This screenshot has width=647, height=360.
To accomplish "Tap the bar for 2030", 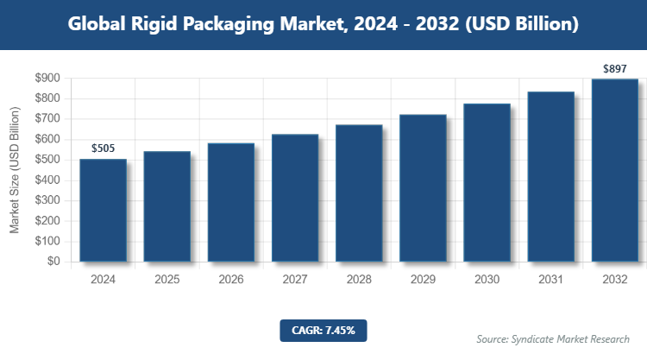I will [x=487, y=182].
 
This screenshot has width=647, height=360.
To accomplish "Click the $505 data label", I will [x=104, y=149].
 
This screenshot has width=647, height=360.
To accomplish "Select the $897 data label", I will [x=614, y=68].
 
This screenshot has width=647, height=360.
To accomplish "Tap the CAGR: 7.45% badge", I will [x=323, y=330].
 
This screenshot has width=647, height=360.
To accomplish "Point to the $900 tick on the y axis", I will [x=47, y=79].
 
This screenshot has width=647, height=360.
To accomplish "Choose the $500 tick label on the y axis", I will [x=47, y=160].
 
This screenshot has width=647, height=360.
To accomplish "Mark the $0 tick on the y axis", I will [x=53, y=262].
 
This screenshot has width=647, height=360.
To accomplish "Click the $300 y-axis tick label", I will [x=47, y=200].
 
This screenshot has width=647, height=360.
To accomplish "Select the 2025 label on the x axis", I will [x=167, y=280].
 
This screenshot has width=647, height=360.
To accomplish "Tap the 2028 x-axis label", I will [x=359, y=280].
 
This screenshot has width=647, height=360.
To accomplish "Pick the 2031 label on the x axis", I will [x=550, y=280].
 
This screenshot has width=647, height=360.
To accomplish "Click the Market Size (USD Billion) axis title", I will [x=15, y=170].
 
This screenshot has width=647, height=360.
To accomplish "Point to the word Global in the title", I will [x=97, y=24].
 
